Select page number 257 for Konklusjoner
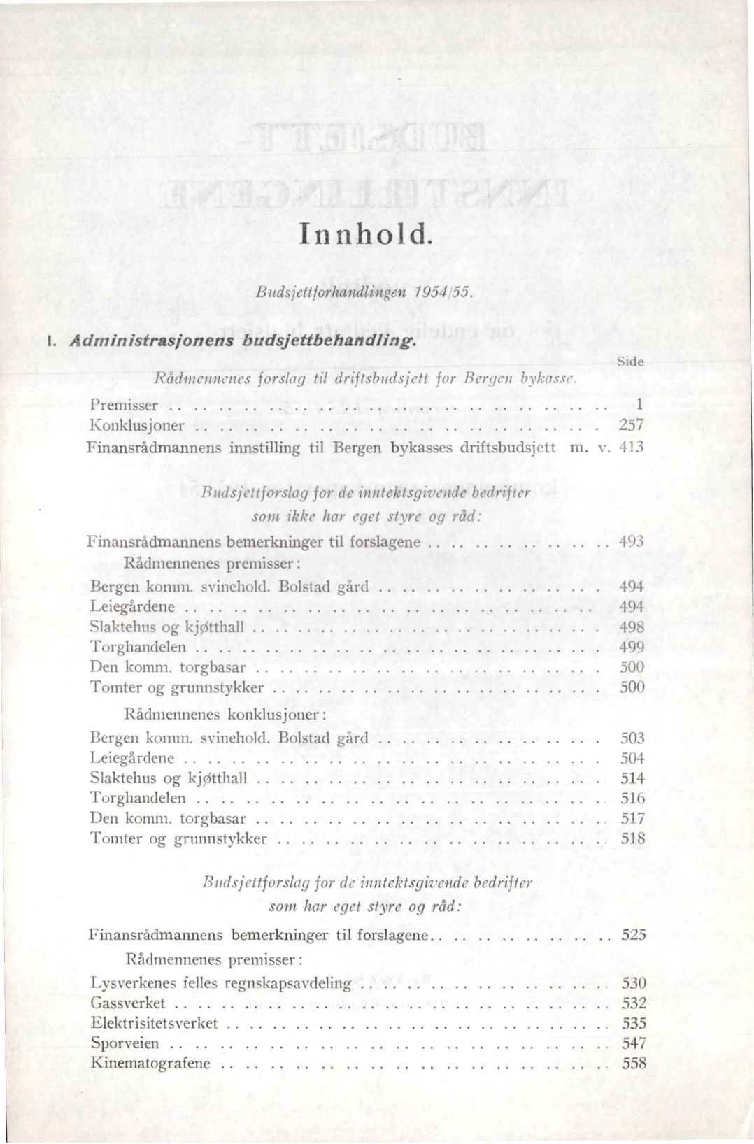coord(631,425)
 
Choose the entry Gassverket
coord(128,1003)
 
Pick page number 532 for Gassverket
coord(634,1003)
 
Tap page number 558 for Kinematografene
coord(634,1064)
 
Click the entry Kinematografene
coord(150,1064)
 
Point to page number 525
coord(633,934)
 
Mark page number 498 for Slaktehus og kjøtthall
coord(632,627)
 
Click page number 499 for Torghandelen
coord(632,647)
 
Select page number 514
coord(633,778)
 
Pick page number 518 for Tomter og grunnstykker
coord(633,838)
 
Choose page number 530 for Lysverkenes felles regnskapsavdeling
coord(634,982)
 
